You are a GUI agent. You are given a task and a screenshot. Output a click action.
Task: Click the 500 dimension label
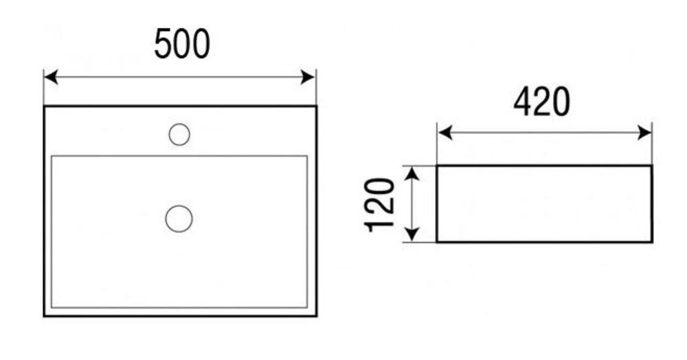click(181, 45)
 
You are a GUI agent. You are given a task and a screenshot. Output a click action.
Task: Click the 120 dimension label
click(380, 205)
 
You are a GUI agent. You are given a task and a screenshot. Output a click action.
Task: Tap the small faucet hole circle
click(179, 135)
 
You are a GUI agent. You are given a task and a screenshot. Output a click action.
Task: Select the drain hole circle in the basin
click(179, 219)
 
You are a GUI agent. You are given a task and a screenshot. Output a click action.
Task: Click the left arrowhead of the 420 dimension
click(444, 133)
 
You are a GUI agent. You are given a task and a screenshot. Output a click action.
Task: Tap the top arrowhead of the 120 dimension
click(411, 172)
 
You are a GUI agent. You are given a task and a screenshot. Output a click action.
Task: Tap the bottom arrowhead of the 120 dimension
click(411, 236)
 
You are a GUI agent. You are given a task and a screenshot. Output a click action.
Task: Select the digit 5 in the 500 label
click(163, 45)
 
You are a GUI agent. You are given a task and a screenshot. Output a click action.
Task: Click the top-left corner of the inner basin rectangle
click(52, 156)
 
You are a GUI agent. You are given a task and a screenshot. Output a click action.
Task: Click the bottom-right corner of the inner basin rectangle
click(306, 307)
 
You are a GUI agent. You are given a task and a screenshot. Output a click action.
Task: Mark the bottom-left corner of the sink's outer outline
click(45, 316)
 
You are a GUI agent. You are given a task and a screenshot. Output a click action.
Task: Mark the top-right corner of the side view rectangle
click(651, 166)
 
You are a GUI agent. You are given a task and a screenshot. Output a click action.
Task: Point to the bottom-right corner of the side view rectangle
click(651, 242)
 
